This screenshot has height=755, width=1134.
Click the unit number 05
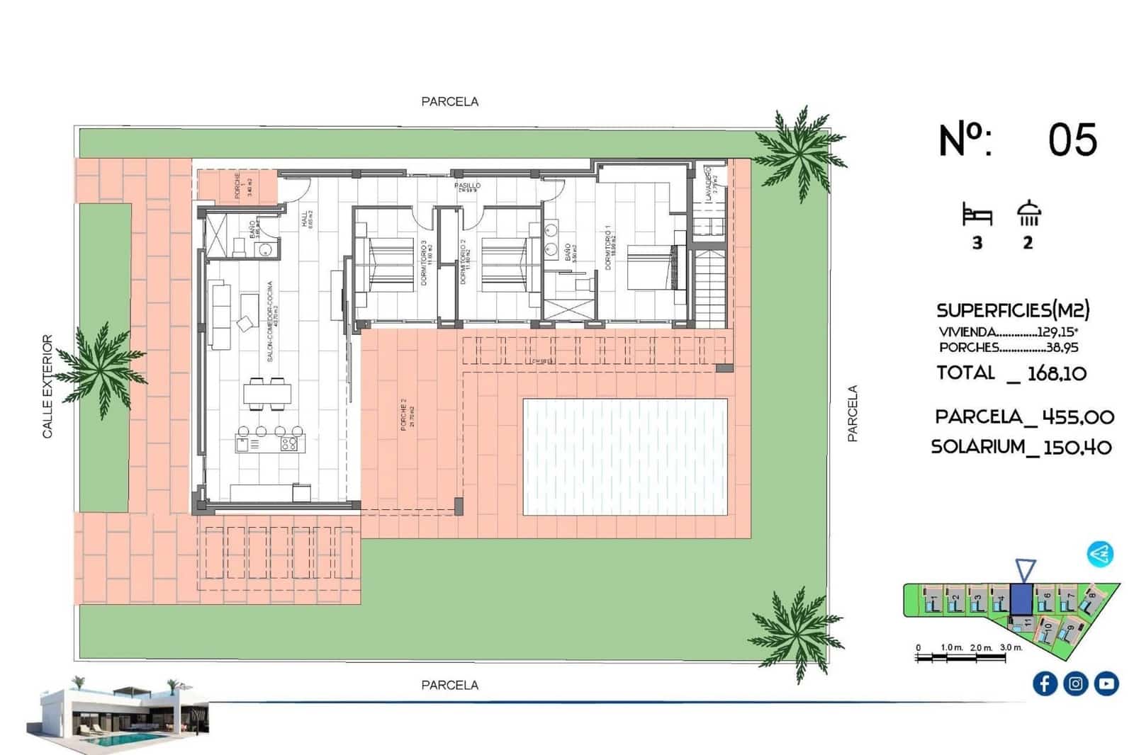coord(1072,140)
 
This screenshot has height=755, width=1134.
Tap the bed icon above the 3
coord(977,214)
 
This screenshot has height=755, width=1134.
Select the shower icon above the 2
coord(1028,214)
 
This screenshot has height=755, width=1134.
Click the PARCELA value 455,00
coord(1078,417)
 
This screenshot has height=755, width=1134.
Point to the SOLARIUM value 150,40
coord(1077,447)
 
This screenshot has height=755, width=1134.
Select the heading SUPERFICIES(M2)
coord(1013,310)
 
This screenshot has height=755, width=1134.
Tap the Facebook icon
coord(1045,683)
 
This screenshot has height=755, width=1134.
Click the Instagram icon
coord(1075,683)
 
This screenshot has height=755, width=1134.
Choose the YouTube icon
coord(1106,683)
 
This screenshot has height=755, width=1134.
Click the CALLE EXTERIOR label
coord(47,387)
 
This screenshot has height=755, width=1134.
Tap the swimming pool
coord(624,457)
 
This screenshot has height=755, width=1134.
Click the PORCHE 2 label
coord(403,414)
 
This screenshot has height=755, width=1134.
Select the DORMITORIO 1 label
coord(608,248)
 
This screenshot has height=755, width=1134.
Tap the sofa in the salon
coord(220,314)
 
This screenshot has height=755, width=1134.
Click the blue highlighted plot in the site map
coord(1021,599)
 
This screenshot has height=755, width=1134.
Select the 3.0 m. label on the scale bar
coord(1011,647)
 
